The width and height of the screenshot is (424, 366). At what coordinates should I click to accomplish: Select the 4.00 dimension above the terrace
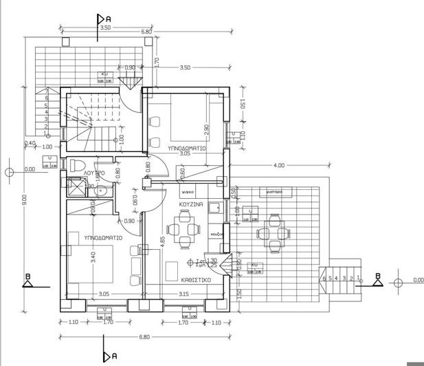(x=279, y=165)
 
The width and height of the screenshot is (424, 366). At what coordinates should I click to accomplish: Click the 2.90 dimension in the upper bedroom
(x=206, y=129)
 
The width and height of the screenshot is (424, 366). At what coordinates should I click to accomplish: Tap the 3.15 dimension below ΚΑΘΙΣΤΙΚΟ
(x=183, y=294)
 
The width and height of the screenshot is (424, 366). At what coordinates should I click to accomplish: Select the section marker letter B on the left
(x=27, y=277)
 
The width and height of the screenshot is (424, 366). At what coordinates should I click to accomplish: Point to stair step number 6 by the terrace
(x=323, y=279)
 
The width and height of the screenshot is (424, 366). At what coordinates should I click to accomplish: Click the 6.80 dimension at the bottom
(x=144, y=336)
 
